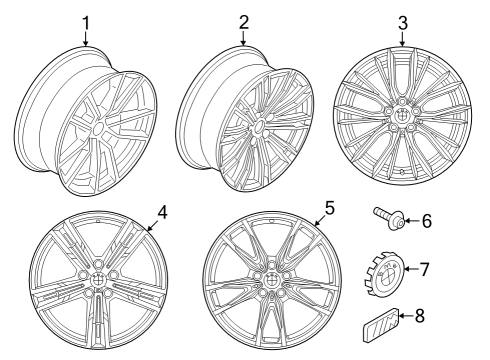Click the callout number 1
click(85, 22)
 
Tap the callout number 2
click(243, 22)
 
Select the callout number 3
click(402, 22)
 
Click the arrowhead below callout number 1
click(85, 44)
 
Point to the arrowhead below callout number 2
click(243, 44)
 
